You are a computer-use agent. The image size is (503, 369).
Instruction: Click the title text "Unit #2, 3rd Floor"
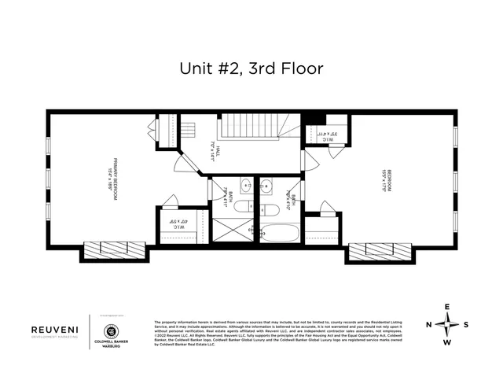pos(251,68)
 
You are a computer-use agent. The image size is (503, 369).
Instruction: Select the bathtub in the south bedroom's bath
pos(280,234)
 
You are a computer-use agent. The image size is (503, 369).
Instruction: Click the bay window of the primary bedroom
pos(114,251)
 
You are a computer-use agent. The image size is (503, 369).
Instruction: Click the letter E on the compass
pos(447,307)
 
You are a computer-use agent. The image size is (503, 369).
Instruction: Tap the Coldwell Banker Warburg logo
pos(110,333)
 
